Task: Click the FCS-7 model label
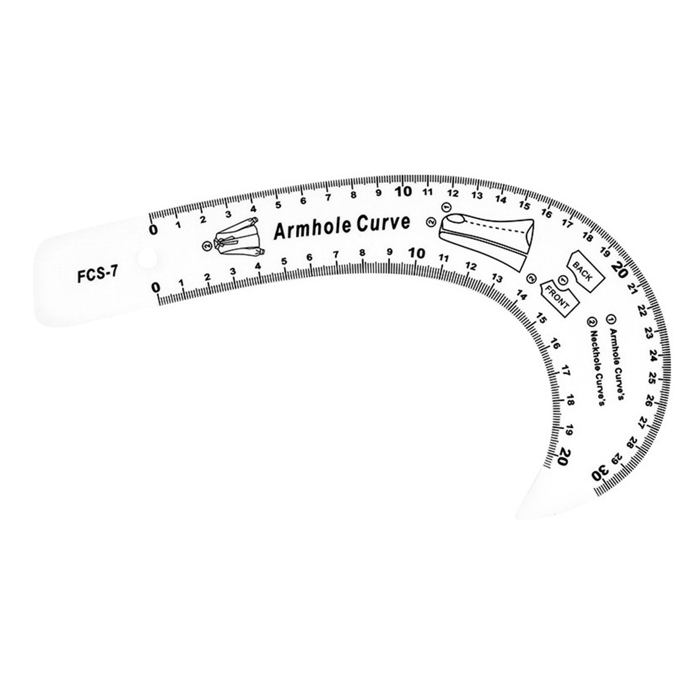pos(97,276)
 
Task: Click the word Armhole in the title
pos(312,228)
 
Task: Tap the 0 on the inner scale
pos(156,287)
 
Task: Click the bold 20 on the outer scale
pos(621,268)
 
